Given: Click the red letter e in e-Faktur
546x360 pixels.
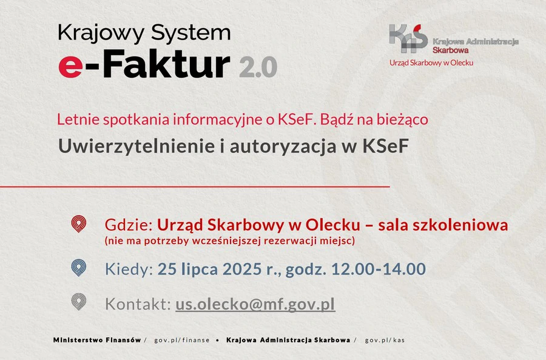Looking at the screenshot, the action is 71,67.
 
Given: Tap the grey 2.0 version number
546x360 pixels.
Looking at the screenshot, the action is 258,67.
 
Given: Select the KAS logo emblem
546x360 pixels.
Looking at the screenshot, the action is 408,38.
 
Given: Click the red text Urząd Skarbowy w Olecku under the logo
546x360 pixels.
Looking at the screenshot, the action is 431,63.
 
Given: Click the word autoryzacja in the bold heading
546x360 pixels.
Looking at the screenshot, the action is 283,146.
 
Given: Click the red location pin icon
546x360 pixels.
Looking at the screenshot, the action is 79,224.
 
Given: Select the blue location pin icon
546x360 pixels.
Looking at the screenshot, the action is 79,268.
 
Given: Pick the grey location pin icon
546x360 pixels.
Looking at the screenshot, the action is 79,302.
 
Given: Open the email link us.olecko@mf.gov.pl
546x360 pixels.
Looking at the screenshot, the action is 255,304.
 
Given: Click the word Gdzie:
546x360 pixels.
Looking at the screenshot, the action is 129,225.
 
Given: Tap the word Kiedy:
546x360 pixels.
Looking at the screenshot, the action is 129,269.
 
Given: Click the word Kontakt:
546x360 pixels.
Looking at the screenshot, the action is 138,304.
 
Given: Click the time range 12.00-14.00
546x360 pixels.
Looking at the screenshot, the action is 379,269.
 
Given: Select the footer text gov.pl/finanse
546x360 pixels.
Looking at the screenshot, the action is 182,340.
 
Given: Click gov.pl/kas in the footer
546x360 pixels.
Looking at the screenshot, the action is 385,340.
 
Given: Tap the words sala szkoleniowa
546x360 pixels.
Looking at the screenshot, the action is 443,225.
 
